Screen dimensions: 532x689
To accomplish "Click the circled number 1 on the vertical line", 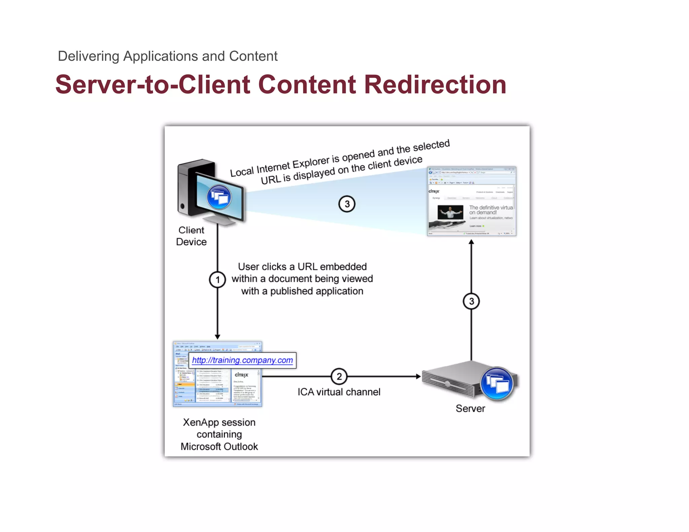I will (x=217, y=280).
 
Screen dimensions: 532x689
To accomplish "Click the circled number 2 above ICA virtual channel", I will (x=339, y=376).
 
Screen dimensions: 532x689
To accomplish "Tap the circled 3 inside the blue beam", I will (x=347, y=204).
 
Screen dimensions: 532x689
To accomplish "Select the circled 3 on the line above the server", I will (x=471, y=301).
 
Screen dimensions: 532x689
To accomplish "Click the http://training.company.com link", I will (x=242, y=360).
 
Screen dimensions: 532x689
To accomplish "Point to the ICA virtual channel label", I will (x=339, y=392).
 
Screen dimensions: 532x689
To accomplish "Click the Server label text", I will (x=470, y=409).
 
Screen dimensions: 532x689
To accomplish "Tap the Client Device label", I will (x=191, y=236).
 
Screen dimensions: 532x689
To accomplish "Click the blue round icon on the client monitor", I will (x=219, y=197).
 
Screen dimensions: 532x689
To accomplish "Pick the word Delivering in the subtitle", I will (x=88, y=56).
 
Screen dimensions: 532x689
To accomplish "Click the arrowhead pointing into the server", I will (x=418, y=376).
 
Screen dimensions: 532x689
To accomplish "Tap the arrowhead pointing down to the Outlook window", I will (x=217, y=337).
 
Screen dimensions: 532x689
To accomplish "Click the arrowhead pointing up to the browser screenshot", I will (x=471, y=242).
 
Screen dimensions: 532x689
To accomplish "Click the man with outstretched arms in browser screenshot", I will (x=450, y=212).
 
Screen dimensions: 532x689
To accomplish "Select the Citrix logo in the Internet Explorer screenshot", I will (x=434, y=191).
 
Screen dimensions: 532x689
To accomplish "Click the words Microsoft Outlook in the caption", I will (x=219, y=447).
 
